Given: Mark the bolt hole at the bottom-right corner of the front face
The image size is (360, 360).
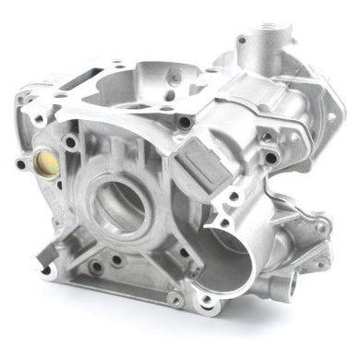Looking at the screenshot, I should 174,297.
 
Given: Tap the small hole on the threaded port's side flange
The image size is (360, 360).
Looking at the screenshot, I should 243,42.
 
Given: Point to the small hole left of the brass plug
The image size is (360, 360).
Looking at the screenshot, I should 20,164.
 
